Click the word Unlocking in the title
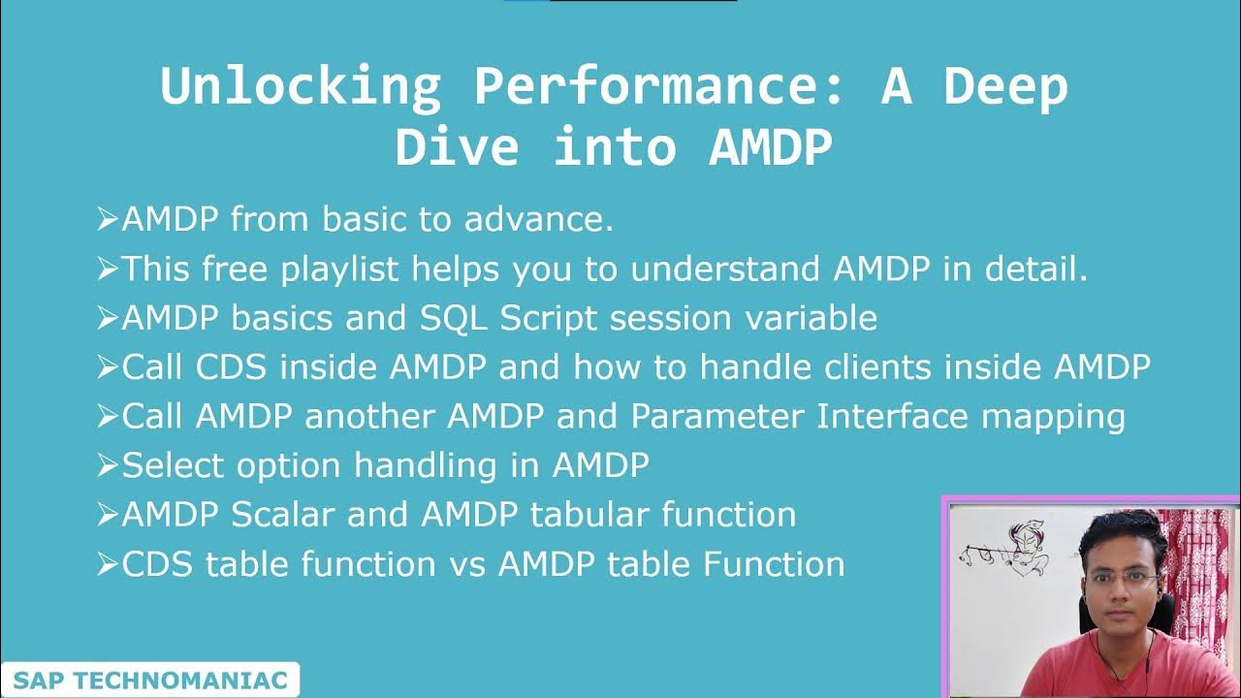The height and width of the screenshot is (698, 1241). [x=300, y=86]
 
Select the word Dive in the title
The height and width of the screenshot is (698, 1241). [x=456, y=147]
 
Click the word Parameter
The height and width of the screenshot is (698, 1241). [x=717, y=416]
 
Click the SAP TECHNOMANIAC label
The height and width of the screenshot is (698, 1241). [x=150, y=681]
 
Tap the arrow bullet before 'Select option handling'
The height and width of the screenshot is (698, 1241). [x=107, y=466]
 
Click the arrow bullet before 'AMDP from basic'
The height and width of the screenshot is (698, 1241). [x=107, y=221]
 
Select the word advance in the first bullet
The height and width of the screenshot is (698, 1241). [x=538, y=221]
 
